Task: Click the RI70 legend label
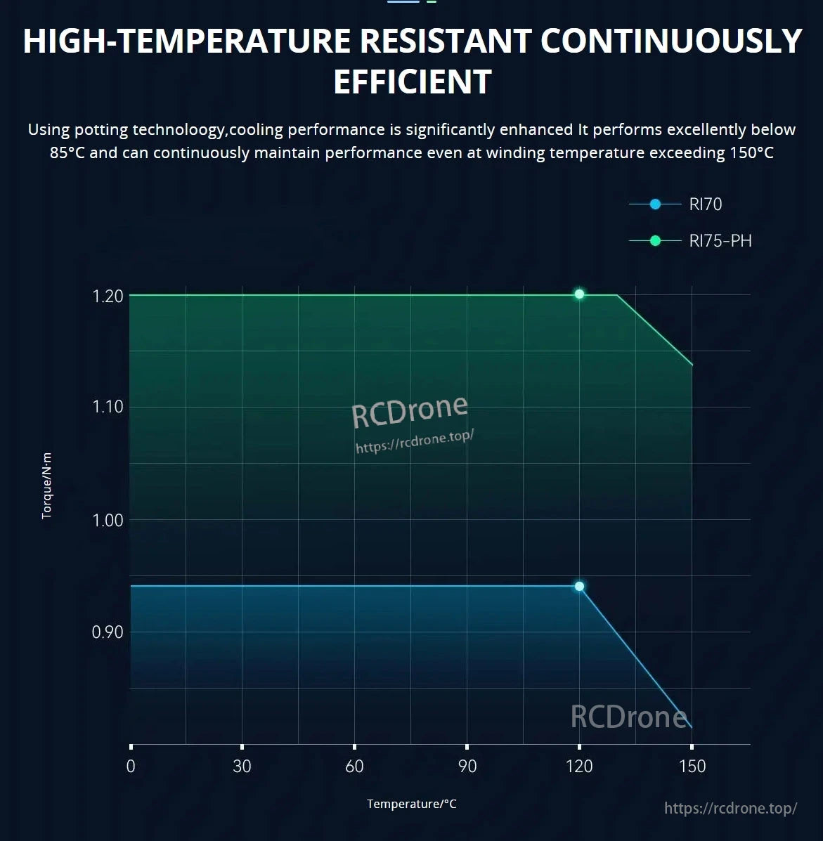pyautogui.click(x=705, y=204)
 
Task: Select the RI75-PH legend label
pyautogui.click(x=720, y=241)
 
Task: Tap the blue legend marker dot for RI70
pyautogui.click(x=655, y=204)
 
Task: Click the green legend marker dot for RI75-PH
pyautogui.click(x=655, y=241)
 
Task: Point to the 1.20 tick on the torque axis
pyautogui.click(x=108, y=296)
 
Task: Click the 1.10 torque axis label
pyautogui.click(x=108, y=407)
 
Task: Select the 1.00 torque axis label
pyautogui.click(x=108, y=520)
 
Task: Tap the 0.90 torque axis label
pyautogui.click(x=108, y=632)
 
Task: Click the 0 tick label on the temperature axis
pyautogui.click(x=131, y=766)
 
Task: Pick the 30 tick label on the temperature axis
pyautogui.click(x=242, y=766)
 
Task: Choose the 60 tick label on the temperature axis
pyautogui.click(x=354, y=766)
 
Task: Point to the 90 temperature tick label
pyautogui.click(x=467, y=766)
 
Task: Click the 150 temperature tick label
pyautogui.click(x=692, y=766)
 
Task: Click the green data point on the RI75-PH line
pyautogui.click(x=579, y=294)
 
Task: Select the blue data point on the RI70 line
pyautogui.click(x=579, y=586)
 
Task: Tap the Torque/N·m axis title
pyautogui.click(x=47, y=486)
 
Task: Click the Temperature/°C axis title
pyautogui.click(x=411, y=804)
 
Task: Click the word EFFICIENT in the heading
pyautogui.click(x=412, y=82)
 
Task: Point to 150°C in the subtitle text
pyautogui.click(x=749, y=152)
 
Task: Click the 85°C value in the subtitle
pyautogui.click(x=67, y=152)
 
